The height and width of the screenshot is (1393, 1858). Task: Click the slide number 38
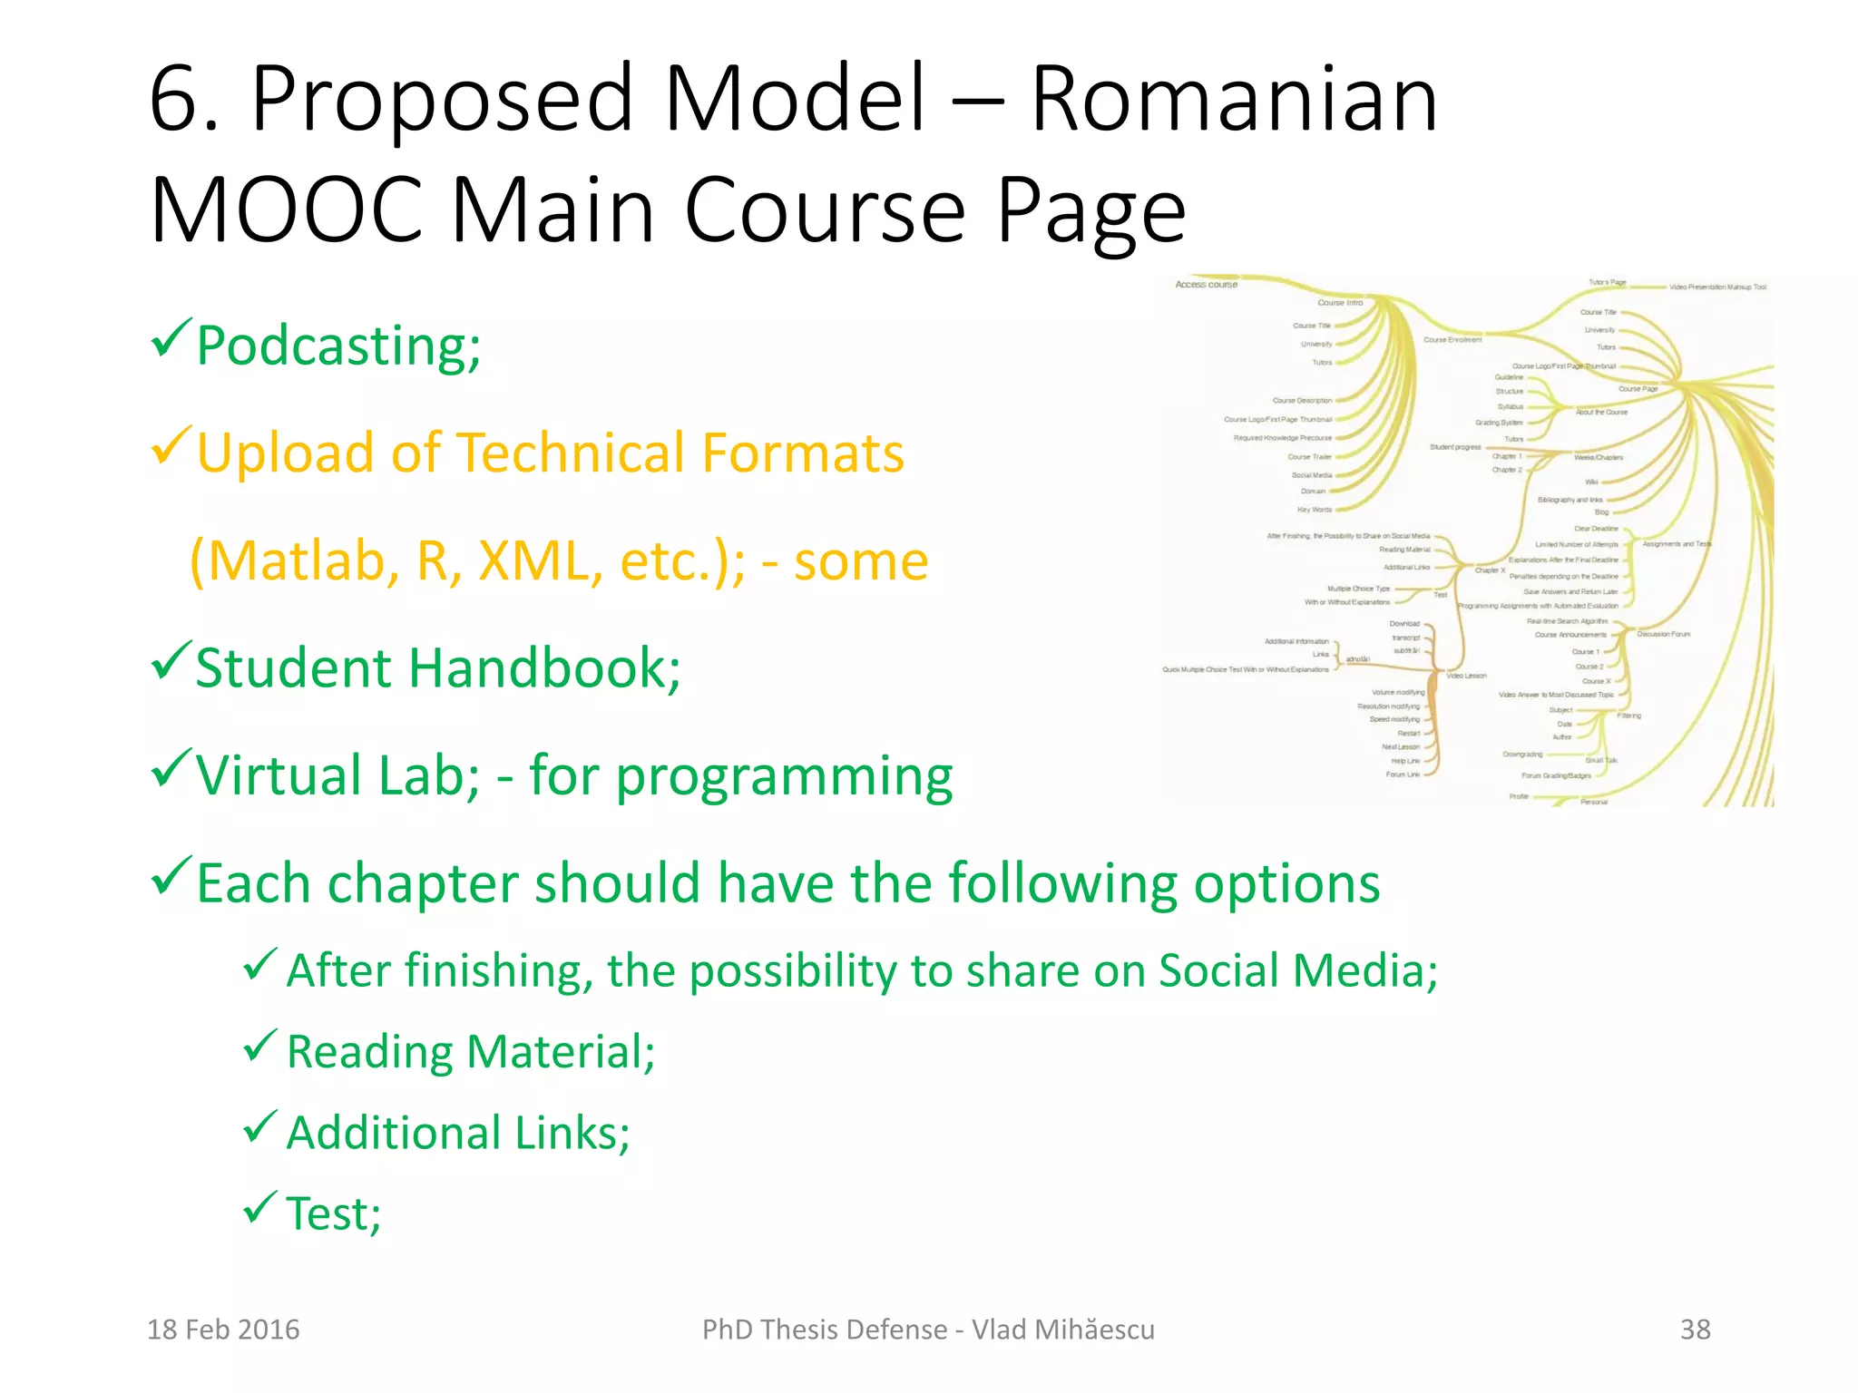pos(1695,1330)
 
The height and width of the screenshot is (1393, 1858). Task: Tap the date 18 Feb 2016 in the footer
pos(223,1330)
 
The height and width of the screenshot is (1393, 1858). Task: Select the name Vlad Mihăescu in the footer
pos(1063,1330)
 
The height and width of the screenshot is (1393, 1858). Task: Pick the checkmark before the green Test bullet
pos(259,1207)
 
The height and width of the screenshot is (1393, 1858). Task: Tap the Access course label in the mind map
pos(1206,285)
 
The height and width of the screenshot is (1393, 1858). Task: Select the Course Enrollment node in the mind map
pos(1452,340)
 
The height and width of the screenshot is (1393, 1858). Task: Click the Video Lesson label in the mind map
pos(1466,676)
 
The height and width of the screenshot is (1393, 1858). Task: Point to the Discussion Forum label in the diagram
pos(1664,634)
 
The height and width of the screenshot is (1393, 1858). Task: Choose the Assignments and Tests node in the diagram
pos(1677,544)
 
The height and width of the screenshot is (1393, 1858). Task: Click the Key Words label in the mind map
pos(1315,510)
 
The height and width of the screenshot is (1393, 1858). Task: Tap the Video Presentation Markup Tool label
pos(1717,287)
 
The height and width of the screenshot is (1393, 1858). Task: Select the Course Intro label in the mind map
pos(1340,303)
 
